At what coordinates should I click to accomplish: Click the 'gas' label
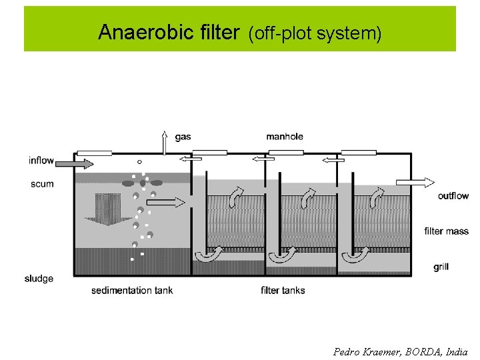pyautogui.click(x=183, y=137)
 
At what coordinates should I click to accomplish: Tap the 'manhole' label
pyautogui.click(x=285, y=137)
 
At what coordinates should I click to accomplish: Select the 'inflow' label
pyautogui.click(x=41, y=161)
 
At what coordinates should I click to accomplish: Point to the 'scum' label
pyautogui.click(x=42, y=184)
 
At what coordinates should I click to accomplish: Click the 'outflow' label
pyautogui.click(x=453, y=196)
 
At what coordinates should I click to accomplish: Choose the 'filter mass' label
pyautogui.click(x=446, y=231)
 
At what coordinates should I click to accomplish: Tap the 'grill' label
pyautogui.click(x=441, y=267)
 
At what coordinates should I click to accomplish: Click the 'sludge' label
pyautogui.click(x=39, y=279)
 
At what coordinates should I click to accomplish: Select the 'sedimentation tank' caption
pyautogui.click(x=132, y=291)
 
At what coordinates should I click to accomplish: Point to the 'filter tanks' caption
pyautogui.click(x=283, y=291)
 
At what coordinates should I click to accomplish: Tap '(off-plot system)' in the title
pyautogui.click(x=315, y=33)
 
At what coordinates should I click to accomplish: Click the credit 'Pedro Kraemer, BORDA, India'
pyautogui.click(x=400, y=351)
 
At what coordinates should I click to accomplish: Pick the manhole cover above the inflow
pyautogui.click(x=94, y=153)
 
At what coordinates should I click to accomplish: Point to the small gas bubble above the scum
pyautogui.click(x=139, y=161)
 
